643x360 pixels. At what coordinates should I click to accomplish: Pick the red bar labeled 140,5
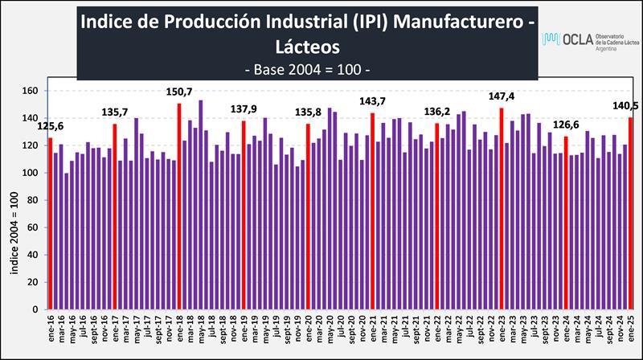pos(631,214)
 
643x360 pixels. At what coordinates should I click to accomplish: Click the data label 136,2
pos(437,112)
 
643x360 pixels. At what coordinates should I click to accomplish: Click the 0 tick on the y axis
pos(35,309)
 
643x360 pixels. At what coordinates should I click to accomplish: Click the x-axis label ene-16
pos(50,332)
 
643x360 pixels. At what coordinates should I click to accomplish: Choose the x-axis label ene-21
pos(373,332)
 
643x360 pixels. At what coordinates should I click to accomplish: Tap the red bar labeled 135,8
pos(309,216)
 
